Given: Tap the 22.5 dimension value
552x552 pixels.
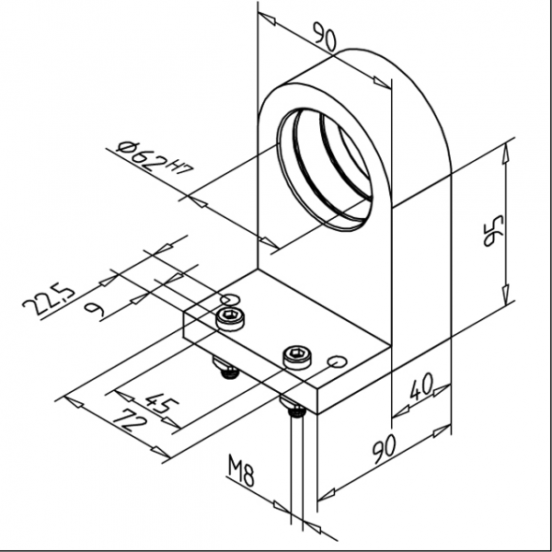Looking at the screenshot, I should [47, 301].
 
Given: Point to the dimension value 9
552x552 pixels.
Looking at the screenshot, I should [93, 308].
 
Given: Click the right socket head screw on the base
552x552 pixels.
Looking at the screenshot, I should [295, 355].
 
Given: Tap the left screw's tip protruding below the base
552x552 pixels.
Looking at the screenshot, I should [227, 370].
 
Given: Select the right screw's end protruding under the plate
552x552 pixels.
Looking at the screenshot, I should [294, 413].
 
